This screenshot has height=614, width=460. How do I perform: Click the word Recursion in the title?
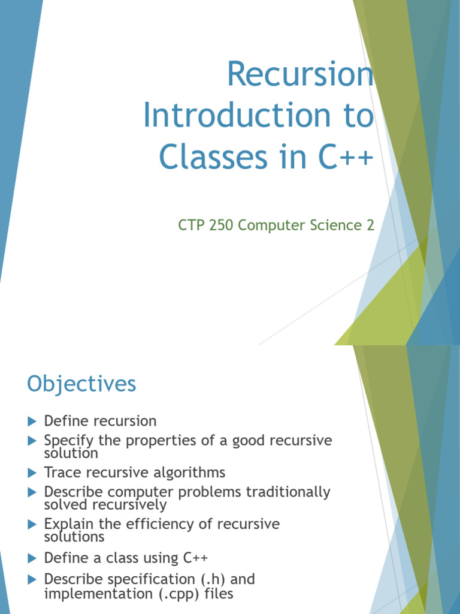[300, 76]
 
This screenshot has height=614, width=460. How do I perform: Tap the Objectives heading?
[81, 384]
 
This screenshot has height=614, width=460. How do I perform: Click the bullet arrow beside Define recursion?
[32, 421]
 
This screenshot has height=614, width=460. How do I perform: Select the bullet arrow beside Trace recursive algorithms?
[32, 472]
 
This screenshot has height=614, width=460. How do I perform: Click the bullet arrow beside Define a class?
[32, 558]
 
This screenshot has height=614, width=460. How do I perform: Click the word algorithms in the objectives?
[189, 472]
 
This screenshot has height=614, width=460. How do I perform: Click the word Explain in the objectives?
[66, 524]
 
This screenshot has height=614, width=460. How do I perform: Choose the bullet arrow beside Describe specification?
[32, 580]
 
